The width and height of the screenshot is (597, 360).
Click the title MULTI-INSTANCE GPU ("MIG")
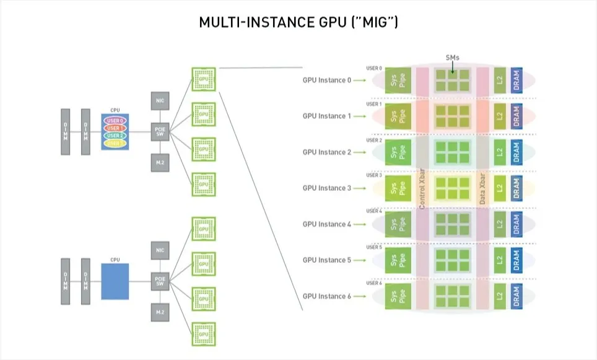(x=298, y=23)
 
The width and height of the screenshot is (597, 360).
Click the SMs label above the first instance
(x=453, y=58)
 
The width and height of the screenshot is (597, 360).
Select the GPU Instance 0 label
(x=326, y=80)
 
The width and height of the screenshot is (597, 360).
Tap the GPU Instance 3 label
(x=326, y=188)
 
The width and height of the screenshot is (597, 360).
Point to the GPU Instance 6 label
(x=326, y=296)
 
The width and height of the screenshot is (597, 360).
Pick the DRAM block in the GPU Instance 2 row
(x=516, y=152)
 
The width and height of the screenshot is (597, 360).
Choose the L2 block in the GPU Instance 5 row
(x=500, y=260)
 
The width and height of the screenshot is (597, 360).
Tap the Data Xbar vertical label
(x=482, y=187)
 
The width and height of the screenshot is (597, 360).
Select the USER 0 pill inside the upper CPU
(x=115, y=121)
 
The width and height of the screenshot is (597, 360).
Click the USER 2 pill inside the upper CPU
(x=115, y=136)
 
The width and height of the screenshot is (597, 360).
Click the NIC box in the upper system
(x=159, y=100)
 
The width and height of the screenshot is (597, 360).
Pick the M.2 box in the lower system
(x=159, y=312)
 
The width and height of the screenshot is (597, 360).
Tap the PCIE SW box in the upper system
(x=159, y=131)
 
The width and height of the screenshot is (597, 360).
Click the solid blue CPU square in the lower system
(x=115, y=281)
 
